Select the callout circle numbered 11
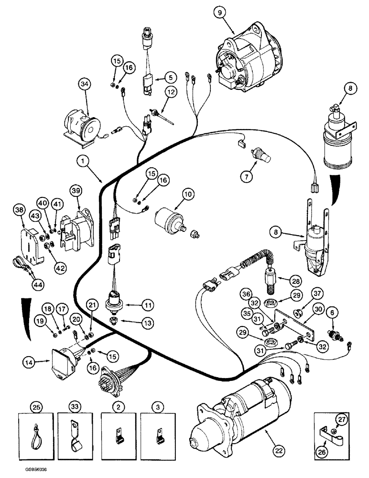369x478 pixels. point(147,304)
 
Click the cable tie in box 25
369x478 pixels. point(36,429)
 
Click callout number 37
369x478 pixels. point(317,293)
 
